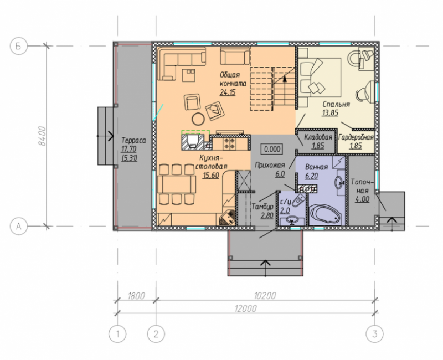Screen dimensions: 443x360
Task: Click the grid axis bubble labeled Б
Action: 19,46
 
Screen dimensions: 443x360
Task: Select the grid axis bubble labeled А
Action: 19,227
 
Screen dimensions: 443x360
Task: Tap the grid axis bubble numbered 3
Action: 375,334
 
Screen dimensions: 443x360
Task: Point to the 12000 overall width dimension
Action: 246,308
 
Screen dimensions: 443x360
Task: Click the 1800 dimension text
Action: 136,296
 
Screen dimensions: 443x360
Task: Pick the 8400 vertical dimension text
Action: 42,136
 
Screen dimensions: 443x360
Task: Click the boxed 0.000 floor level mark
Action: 272,149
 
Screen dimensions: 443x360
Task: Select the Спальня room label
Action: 336,104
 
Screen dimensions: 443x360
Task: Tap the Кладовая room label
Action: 318,137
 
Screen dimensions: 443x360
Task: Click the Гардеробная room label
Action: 356,137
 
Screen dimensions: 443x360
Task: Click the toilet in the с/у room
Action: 298,200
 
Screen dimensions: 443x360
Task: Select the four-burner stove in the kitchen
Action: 229,143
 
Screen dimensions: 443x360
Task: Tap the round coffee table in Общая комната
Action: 198,119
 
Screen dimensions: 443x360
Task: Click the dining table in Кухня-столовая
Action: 177,184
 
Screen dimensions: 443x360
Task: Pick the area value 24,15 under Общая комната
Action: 228,92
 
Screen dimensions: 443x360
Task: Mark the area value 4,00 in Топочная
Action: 362,199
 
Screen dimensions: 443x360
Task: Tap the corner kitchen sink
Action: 228,218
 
